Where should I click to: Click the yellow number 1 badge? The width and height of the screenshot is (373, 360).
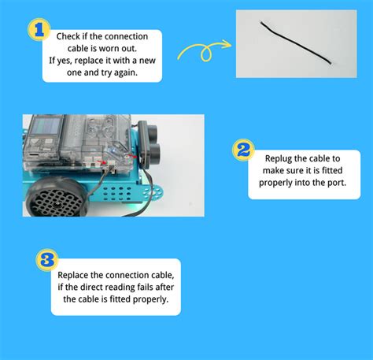click(x=34, y=29)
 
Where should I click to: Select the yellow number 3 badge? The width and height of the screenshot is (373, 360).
click(x=46, y=259)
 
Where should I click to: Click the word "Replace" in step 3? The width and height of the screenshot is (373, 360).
click(x=73, y=276)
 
